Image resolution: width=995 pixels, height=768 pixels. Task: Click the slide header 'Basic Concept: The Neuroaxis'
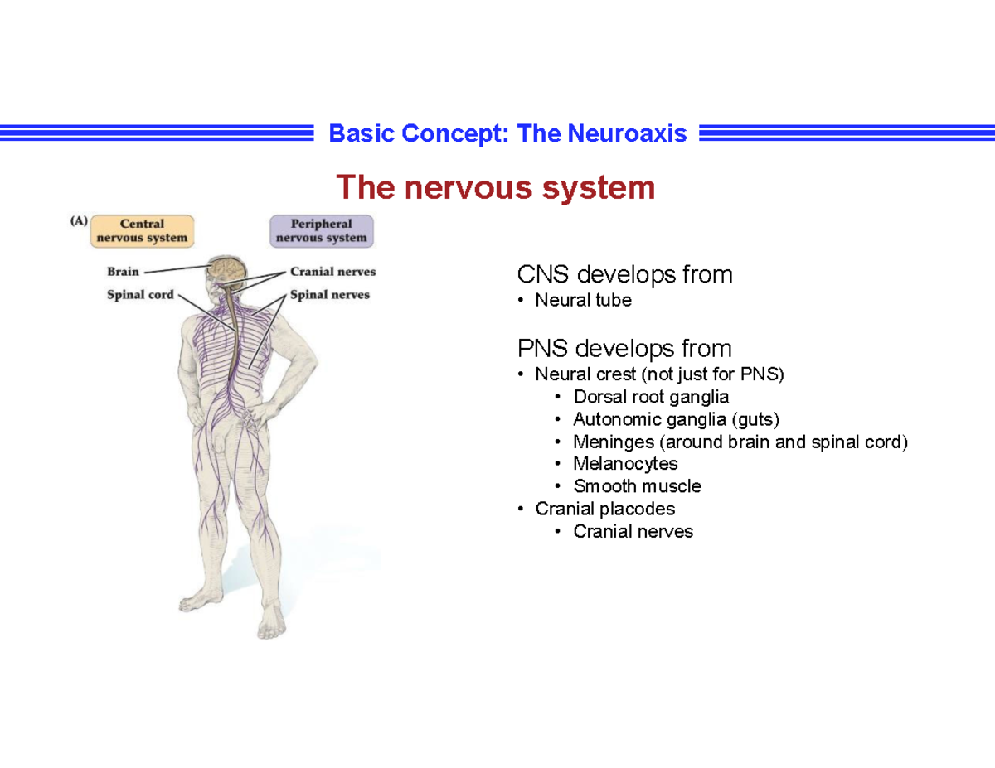507,133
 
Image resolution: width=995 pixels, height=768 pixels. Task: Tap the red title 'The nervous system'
495,188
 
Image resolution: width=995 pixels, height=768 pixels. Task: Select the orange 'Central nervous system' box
143,230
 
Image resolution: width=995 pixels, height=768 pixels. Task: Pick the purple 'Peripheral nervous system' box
322,230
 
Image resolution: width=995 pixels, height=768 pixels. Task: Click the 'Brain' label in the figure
123,271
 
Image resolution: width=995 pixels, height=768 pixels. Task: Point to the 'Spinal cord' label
140,294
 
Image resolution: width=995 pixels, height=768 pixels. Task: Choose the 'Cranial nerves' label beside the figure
332,271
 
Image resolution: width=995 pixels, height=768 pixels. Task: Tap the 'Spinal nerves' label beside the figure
330,294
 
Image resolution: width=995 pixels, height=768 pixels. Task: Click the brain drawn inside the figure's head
226,268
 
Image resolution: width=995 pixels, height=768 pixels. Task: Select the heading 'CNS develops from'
624,274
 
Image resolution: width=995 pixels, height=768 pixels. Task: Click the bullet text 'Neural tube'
583,301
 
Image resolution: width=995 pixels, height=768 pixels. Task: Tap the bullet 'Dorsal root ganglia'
651,397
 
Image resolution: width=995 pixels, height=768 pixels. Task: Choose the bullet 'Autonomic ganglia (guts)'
676,419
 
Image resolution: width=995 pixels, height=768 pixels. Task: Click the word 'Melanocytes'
625,464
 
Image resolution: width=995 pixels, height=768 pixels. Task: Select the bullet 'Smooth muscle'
637,486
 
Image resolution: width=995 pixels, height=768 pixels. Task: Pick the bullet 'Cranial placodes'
604,509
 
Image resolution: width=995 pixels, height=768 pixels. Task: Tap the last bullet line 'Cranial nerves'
633,531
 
